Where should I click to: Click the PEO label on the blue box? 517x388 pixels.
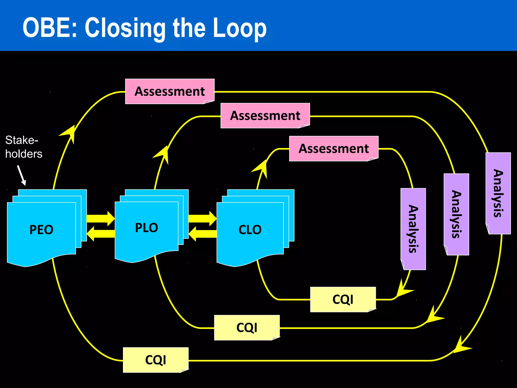tap(41, 230)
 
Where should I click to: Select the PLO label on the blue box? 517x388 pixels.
tap(146, 228)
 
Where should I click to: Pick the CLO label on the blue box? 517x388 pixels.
tap(250, 230)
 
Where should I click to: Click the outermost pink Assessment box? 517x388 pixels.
tap(170, 91)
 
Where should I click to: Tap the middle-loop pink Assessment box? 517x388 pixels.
tap(265, 115)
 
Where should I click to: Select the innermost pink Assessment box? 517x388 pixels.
tap(334, 149)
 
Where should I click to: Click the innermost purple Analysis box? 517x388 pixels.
tap(413, 229)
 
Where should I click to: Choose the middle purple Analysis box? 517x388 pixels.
tap(456, 214)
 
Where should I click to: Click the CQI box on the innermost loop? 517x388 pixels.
tap(343, 299)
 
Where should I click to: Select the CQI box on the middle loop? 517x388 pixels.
tap(247, 328)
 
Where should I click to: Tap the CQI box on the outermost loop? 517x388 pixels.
tap(156, 360)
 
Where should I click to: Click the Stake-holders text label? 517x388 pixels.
tap(23, 147)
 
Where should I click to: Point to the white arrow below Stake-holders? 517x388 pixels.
tap(22, 175)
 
